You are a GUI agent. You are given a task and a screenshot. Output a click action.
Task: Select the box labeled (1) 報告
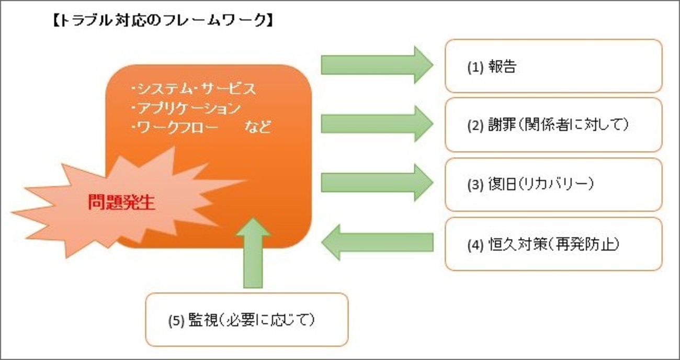[x=553, y=66]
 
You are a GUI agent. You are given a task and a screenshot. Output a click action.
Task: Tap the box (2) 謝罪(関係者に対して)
[x=553, y=125]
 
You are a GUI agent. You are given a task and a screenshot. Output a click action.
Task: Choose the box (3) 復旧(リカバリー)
[x=553, y=184]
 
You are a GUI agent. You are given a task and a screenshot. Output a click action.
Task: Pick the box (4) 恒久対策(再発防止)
[x=553, y=244]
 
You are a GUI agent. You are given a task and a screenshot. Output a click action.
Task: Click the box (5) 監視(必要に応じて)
[x=246, y=320]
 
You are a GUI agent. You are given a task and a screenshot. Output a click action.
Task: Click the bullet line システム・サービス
[x=194, y=89]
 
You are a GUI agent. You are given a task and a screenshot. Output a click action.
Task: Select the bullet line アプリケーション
[x=186, y=108]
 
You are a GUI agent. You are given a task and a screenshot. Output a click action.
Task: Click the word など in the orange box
[x=257, y=127]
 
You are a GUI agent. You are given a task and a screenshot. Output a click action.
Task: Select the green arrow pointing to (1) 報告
[x=377, y=64]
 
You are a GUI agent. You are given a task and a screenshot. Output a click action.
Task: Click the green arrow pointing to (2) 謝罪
[x=377, y=123]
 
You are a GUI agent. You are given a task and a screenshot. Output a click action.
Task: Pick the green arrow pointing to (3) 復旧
[x=377, y=182]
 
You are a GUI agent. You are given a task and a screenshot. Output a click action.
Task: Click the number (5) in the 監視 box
[x=176, y=320]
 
